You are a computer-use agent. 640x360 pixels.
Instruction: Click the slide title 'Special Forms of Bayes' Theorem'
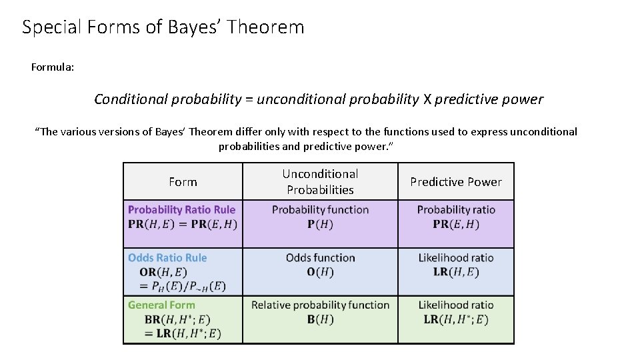point(163,27)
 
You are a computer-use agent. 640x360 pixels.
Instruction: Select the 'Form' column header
point(183,182)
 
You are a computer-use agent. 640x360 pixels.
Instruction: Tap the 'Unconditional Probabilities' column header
point(320,182)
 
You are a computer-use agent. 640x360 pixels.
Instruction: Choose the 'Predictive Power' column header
point(456,182)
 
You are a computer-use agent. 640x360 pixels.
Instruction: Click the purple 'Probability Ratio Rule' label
point(181,210)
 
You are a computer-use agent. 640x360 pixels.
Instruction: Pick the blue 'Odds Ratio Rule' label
point(167,258)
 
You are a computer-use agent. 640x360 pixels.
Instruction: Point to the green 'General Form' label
point(161,305)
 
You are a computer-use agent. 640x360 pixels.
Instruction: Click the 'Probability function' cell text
point(320,210)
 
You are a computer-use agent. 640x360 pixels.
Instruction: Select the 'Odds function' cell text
point(320,258)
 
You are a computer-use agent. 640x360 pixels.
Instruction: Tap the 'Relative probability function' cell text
point(320,305)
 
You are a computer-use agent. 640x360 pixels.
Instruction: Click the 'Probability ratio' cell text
point(456,210)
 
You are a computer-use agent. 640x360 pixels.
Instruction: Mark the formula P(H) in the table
point(320,225)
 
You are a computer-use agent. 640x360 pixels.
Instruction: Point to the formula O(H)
point(320,272)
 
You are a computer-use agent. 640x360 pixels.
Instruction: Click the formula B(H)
point(320,319)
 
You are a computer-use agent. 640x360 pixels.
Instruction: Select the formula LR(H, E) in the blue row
point(456,272)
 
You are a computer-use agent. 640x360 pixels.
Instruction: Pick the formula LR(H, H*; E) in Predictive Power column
point(456,319)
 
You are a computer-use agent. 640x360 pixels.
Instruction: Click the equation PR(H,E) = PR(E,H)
point(182,225)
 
